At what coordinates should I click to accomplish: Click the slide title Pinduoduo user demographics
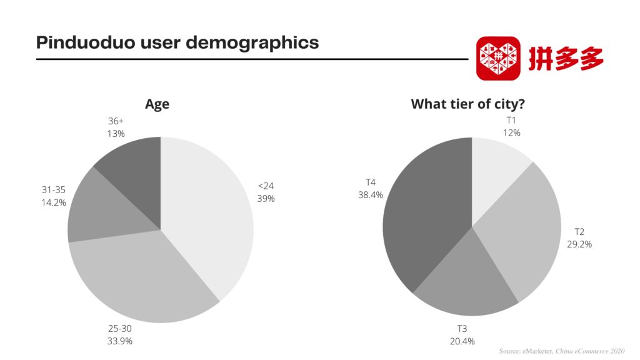pyautogui.click(x=177, y=42)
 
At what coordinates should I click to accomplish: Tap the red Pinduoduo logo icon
pyautogui.click(x=498, y=58)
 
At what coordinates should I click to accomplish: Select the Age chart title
pyautogui.click(x=157, y=104)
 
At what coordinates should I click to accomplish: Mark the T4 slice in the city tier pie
pyautogui.click(x=425, y=219)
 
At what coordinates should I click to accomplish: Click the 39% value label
pyautogui.click(x=266, y=199)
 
